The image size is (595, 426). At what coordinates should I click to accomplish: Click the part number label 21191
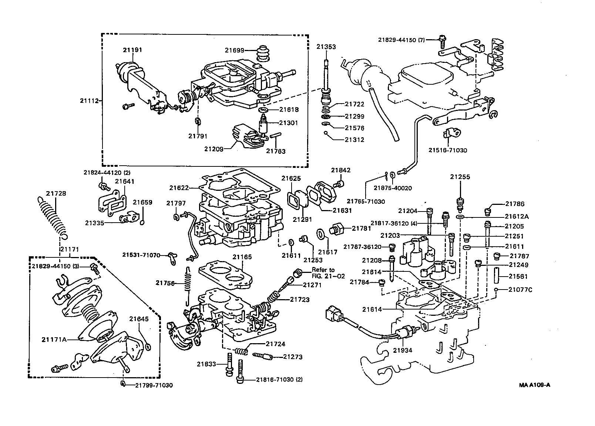tap(132, 50)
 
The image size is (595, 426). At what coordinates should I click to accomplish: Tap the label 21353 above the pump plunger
tap(326, 47)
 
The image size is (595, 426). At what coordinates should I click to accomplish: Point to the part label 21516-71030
tap(448, 151)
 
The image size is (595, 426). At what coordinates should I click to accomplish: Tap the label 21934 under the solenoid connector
tap(402, 350)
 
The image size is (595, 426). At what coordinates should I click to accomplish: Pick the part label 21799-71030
tap(154, 385)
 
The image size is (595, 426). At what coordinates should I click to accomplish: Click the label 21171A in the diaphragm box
tap(54, 339)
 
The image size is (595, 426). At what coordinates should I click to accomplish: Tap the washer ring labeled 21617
tap(321, 234)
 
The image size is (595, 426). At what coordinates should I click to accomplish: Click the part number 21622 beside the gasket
tap(179, 188)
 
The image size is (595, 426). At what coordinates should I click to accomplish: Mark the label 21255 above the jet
tap(460, 177)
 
